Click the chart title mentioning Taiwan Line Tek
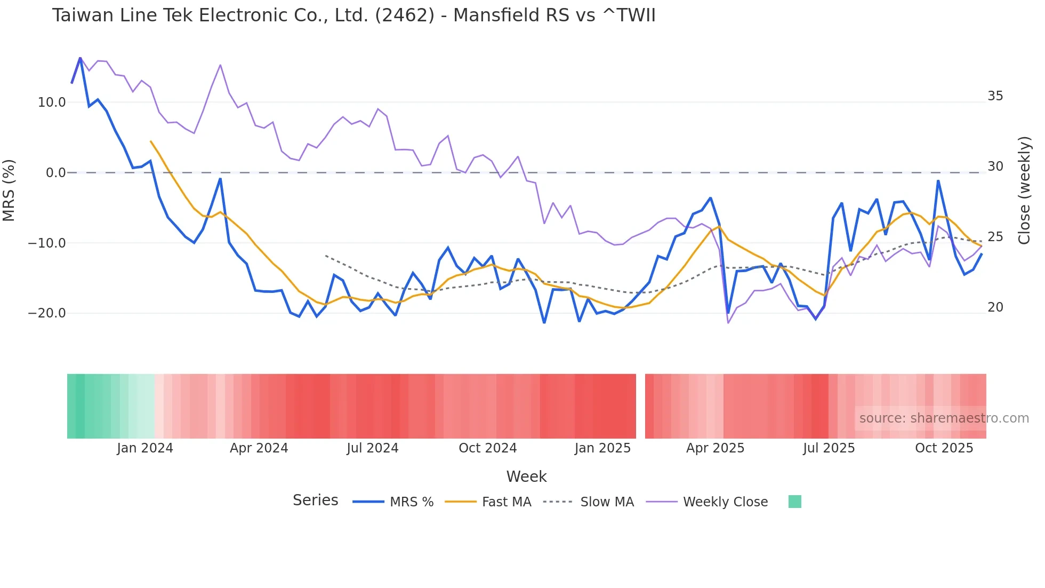tap(353, 15)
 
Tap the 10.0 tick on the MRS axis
tap(52, 102)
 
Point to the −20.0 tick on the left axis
tap(47, 313)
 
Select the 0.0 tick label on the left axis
tap(55, 173)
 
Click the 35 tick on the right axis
tap(995, 96)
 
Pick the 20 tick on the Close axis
tap(995, 307)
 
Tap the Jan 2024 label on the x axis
tap(145, 448)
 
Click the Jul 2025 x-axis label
tap(829, 448)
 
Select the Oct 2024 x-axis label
tap(487, 448)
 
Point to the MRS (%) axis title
tap(9, 190)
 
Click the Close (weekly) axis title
tap(1024, 190)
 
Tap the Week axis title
tap(526, 476)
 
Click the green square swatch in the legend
tap(794, 502)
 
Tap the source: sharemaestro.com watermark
tap(944, 418)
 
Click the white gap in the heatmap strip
tap(640, 406)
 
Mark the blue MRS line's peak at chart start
tap(80, 58)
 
